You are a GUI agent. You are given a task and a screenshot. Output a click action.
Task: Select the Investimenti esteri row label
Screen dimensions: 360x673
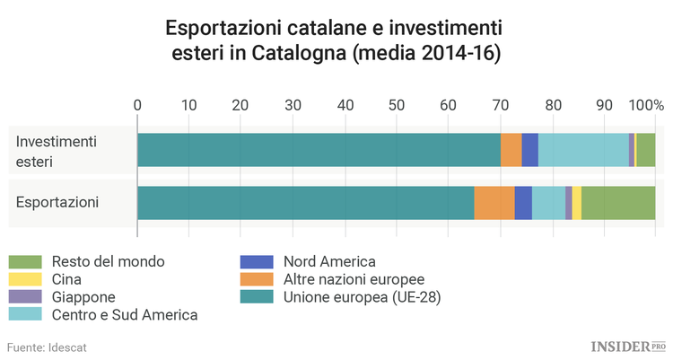pyautogui.click(x=56, y=151)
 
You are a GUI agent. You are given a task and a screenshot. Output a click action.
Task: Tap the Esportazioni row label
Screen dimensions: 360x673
pyautogui.click(x=57, y=202)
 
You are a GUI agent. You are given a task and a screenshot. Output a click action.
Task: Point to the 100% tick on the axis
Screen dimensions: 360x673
pyautogui.click(x=645, y=105)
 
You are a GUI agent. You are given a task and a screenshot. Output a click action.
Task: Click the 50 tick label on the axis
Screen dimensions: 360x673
pyautogui.click(x=397, y=105)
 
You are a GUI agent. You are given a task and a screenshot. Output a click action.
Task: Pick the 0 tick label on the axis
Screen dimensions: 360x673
pyautogui.click(x=137, y=105)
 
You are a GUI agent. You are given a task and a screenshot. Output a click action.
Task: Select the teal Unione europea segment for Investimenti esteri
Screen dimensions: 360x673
pyautogui.click(x=319, y=150)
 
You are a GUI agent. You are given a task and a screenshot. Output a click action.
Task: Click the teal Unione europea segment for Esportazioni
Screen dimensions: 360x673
pyautogui.click(x=305, y=202)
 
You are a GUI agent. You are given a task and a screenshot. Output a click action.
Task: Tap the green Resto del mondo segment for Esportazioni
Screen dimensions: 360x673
pyautogui.click(x=618, y=202)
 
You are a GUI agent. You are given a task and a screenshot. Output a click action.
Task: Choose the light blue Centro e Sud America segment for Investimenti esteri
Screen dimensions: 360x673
pyautogui.click(x=583, y=150)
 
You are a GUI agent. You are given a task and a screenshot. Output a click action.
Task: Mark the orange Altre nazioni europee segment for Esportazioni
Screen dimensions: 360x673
pyautogui.click(x=494, y=202)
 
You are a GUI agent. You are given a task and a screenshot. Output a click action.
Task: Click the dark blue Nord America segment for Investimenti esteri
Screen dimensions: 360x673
pyautogui.click(x=529, y=150)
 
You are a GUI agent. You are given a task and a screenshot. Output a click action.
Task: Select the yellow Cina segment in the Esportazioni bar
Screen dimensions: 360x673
pyautogui.click(x=577, y=202)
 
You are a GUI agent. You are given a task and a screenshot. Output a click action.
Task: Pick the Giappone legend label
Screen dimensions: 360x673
pyautogui.click(x=83, y=296)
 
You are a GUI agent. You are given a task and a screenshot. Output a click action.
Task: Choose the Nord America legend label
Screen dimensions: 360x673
pyautogui.click(x=328, y=262)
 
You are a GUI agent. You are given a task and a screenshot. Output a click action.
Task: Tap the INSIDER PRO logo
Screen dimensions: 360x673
pyautogui.click(x=627, y=346)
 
